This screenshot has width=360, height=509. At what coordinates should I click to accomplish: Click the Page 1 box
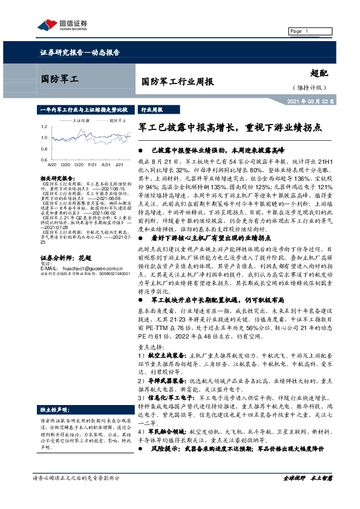point(303,31)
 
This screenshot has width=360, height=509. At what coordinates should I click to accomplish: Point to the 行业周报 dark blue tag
point(152,111)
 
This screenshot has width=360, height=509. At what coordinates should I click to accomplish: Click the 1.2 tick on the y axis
point(44,128)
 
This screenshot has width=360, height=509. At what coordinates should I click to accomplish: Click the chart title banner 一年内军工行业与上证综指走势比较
point(83,111)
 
